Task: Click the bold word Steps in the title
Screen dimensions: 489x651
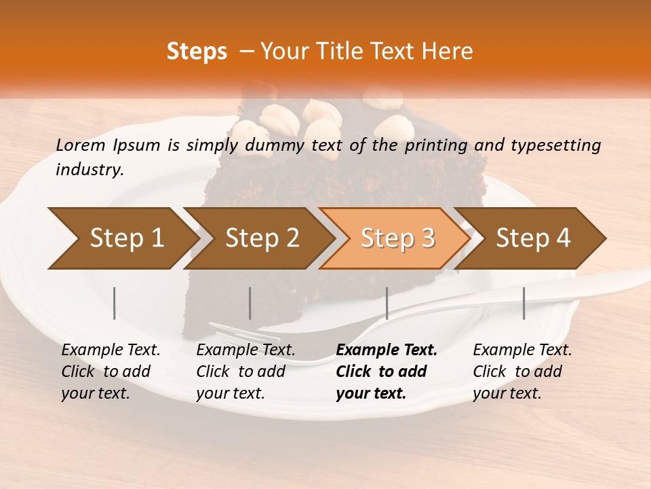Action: [x=197, y=51]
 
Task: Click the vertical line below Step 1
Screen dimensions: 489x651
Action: [x=115, y=303]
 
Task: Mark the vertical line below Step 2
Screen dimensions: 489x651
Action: [x=250, y=303]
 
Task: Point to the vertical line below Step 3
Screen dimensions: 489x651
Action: [x=387, y=303]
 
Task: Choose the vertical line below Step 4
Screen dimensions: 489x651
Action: [x=524, y=303]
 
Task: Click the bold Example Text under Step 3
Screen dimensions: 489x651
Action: [x=387, y=350]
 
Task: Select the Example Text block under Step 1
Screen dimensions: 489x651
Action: [x=111, y=372]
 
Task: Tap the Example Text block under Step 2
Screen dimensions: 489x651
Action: [x=245, y=372]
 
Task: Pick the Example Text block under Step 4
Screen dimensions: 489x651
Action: [x=522, y=372]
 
